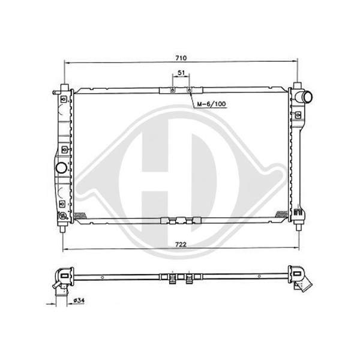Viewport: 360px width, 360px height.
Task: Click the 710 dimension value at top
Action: click(181, 58)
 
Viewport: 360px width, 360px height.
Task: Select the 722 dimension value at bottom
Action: click(181, 245)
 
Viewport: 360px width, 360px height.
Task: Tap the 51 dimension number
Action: click(181, 73)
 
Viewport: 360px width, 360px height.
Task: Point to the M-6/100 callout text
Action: click(212, 104)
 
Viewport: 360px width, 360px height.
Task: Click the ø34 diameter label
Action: click(79, 301)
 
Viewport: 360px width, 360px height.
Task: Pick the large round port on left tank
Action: click(61, 167)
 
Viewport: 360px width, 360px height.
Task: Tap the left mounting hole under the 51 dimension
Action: click(172, 90)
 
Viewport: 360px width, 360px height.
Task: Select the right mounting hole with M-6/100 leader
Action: click(189, 90)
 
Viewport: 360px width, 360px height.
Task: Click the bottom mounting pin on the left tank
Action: click(63, 229)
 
